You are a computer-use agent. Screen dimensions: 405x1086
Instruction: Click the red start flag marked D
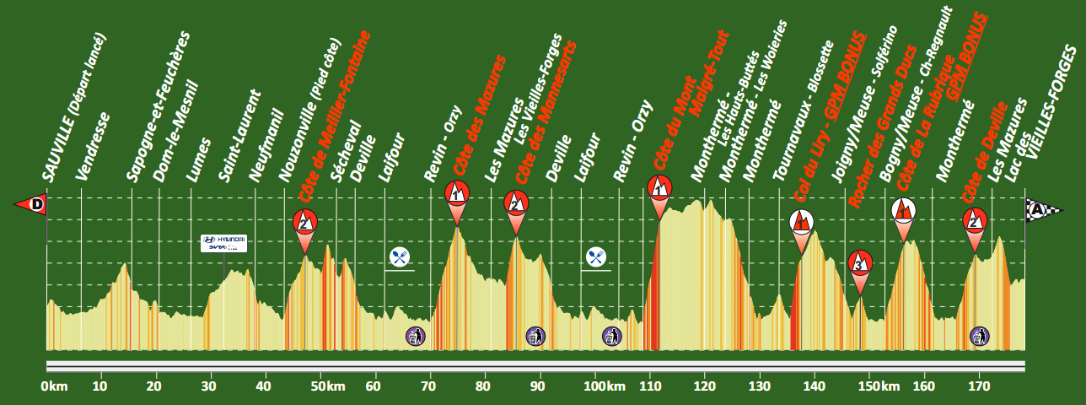click(31, 203)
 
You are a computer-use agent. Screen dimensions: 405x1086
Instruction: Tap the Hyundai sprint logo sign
click(223, 243)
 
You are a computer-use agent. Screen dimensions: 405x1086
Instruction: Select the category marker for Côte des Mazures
click(456, 193)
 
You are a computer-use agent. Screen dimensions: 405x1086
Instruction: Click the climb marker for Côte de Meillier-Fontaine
click(305, 223)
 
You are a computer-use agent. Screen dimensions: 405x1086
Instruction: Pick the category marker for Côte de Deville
click(975, 221)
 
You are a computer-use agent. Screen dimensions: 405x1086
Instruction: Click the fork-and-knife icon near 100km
click(595, 256)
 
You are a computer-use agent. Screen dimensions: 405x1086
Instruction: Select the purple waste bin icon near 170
click(979, 337)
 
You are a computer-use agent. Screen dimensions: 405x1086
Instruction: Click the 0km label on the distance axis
click(53, 386)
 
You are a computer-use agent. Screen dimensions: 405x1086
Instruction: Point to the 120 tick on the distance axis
click(704, 386)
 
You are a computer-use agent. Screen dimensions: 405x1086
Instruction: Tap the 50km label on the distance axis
click(329, 386)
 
